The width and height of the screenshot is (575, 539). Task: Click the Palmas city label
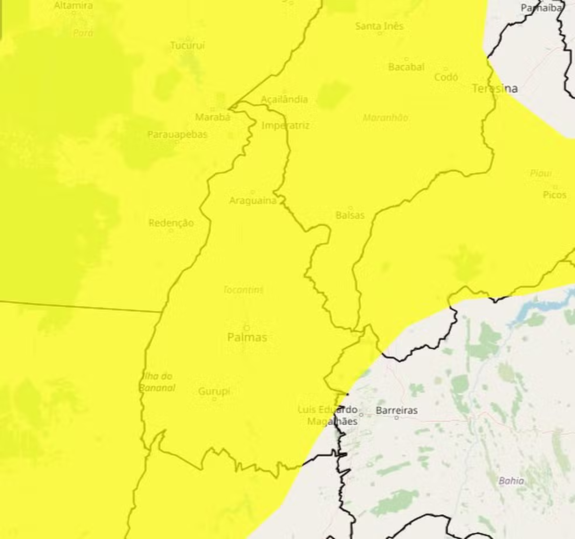coord(247,337)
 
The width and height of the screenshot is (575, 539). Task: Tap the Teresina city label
coord(495,89)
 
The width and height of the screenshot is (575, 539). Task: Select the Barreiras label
coord(396,410)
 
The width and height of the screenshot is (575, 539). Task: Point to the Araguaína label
coord(253,200)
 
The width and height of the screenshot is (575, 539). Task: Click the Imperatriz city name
coord(285,125)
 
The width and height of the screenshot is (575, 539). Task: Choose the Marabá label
coord(212,117)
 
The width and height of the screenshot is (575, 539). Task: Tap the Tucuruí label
coord(188,45)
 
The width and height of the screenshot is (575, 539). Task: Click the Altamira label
coord(73,5)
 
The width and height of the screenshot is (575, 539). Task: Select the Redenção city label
coord(171,223)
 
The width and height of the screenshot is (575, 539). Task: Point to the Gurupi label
coord(214,391)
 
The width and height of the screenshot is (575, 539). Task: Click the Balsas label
coord(350,215)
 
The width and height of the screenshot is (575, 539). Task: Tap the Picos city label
coord(554,195)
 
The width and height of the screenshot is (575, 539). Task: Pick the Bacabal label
coord(406,67)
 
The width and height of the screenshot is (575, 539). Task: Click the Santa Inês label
coord(379,26)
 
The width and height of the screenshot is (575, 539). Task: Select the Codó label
coord(446,77)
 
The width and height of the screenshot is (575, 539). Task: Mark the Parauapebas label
coord(177,134)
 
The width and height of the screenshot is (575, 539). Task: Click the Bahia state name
coord(511,481)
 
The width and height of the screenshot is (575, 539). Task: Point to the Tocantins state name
coord(243,290)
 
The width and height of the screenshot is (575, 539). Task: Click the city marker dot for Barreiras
coord(397,418)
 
